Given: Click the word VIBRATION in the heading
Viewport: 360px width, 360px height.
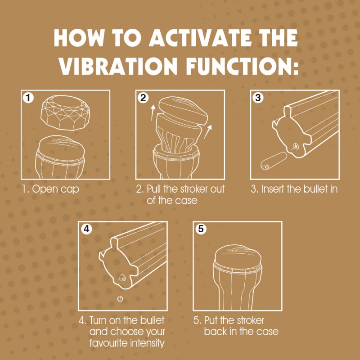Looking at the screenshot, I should (x=118, y=66).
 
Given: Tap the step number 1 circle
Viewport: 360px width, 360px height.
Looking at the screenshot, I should (x=28, y=98).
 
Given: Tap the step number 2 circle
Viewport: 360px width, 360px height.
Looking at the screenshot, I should (x=143, y=98).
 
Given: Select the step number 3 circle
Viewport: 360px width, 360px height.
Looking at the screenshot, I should (x=257, y=98).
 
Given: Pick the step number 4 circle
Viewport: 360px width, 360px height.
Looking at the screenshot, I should (x=86, y=229).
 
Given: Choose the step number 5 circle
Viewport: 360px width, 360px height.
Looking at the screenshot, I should (x=200, y=229).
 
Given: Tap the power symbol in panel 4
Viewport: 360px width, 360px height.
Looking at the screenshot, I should (x=120, y=299).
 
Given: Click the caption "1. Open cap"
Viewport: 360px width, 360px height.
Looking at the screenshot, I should (x=50, y=189).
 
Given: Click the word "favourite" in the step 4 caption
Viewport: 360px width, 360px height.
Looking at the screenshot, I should (x=101, y=344).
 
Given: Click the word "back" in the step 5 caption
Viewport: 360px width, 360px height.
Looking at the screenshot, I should (x=216, y=332).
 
